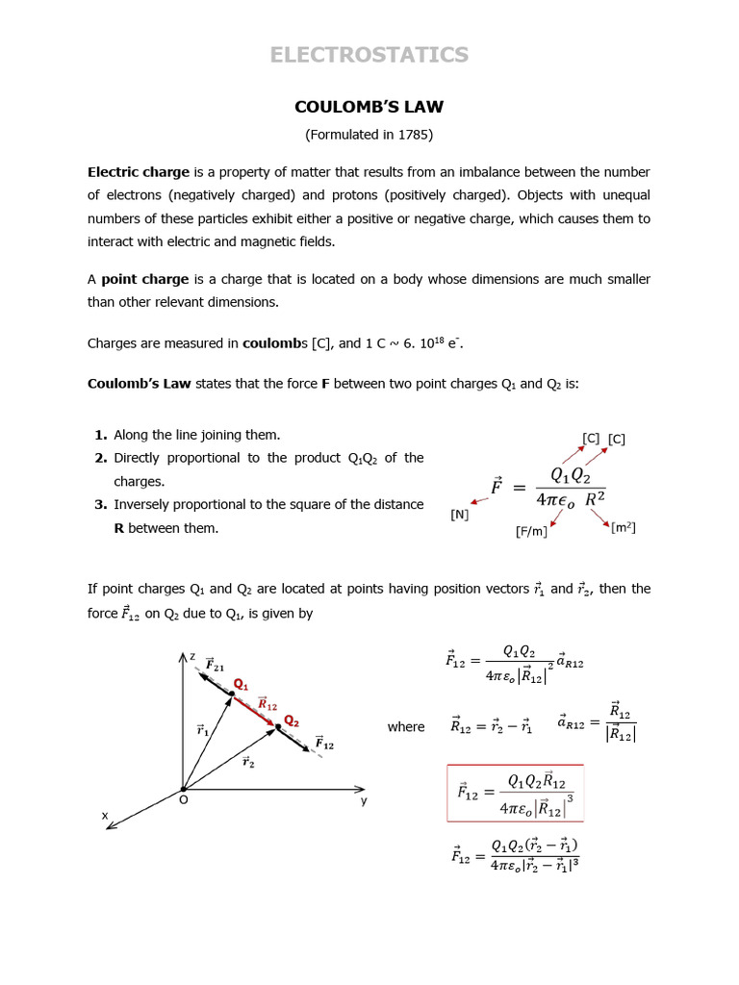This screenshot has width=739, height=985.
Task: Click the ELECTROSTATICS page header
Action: coord(369,55)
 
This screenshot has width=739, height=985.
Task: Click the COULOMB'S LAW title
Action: coord(369,107)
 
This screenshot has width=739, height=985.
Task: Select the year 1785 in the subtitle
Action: coord(412,135)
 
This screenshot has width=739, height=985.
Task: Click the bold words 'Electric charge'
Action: coord(139,172)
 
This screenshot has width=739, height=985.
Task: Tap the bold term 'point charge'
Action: coord(145,279)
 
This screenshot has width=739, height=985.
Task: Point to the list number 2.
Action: coord(100,458)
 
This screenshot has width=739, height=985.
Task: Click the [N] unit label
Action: coord(460,515)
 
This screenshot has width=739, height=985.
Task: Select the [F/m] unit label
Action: coord(531,530)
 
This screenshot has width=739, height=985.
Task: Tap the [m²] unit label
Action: coord(624,527)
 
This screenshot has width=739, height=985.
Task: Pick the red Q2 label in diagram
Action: coord(291,721)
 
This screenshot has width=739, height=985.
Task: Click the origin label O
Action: coord(183,799)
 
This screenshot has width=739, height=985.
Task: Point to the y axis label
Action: coord(364,799)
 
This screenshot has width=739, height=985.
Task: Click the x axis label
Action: coord(105,816)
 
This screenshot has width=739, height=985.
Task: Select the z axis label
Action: coord(191,657)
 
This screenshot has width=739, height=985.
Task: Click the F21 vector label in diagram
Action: coord(215,666)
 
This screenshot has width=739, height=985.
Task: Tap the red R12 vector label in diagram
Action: coord(268,704)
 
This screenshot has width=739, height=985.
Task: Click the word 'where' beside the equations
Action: coord(405,727)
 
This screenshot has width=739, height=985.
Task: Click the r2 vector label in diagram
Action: coord(248,762)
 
